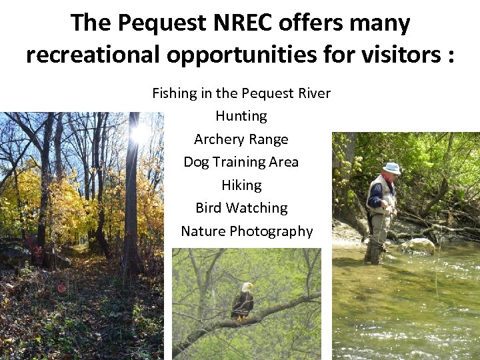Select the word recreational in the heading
coord(93,55)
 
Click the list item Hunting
coord(241,116)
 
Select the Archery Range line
coord(241,139)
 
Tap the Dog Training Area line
coord(241,162)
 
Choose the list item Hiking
coord(241,185)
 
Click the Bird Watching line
coord(241,208)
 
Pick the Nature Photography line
coord(247,231)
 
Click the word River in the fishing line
coord(313,93)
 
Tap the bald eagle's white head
coord(247,287)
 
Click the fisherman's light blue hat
coord(392,168)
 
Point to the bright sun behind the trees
coord(141,133)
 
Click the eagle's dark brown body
coord(243,304)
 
